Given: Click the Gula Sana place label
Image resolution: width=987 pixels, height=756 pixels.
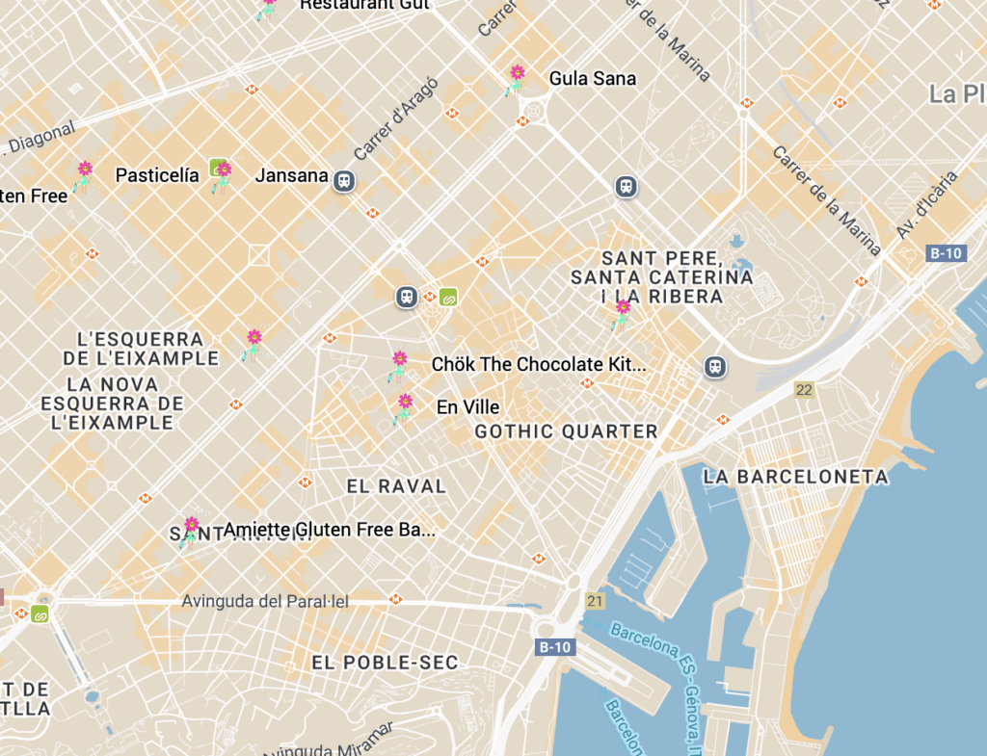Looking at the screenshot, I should pyautogui.click(x=592, y=79).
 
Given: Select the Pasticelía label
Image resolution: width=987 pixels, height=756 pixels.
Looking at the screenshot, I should pyautogui.click(x=157, y=175).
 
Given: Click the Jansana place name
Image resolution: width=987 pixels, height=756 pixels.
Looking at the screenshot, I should pyautogui.click(x=291, y=175).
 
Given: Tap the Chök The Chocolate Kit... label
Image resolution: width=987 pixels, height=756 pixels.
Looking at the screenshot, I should pyautogui.click(x=538, y=365).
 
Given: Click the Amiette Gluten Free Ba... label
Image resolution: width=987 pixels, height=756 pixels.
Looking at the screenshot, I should pyautogui.click(x=329, y=530).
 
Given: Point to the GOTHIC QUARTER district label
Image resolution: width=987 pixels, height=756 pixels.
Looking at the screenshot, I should pyautogui.click(x=566, y=431).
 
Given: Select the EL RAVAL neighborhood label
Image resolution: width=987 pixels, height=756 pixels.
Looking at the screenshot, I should pyautogui.click(x=396, y=486).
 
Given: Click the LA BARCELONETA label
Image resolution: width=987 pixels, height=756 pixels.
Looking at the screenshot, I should pyautogui.click(x=795, y=477).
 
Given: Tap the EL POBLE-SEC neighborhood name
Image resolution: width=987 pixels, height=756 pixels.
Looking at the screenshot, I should pyautogui.click(x=385, y=663).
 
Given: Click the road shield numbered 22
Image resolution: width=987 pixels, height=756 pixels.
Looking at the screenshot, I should pyautogui.click(x=804, y=389).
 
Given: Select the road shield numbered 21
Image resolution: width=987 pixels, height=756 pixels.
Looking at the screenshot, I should pyautogui.click(x=595, y=601).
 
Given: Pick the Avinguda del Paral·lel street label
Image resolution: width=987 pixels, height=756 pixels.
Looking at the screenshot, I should pyautogui.click(x=265, y=601).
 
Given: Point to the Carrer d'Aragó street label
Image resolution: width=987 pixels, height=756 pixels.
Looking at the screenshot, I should pyautogui.click(x=395, y=118).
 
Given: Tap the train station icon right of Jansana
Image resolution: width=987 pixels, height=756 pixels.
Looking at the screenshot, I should pyautogui.click(x=343, y=180).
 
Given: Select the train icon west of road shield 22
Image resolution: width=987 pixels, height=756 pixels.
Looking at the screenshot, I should pyautogui.click(x=714, y=366).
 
